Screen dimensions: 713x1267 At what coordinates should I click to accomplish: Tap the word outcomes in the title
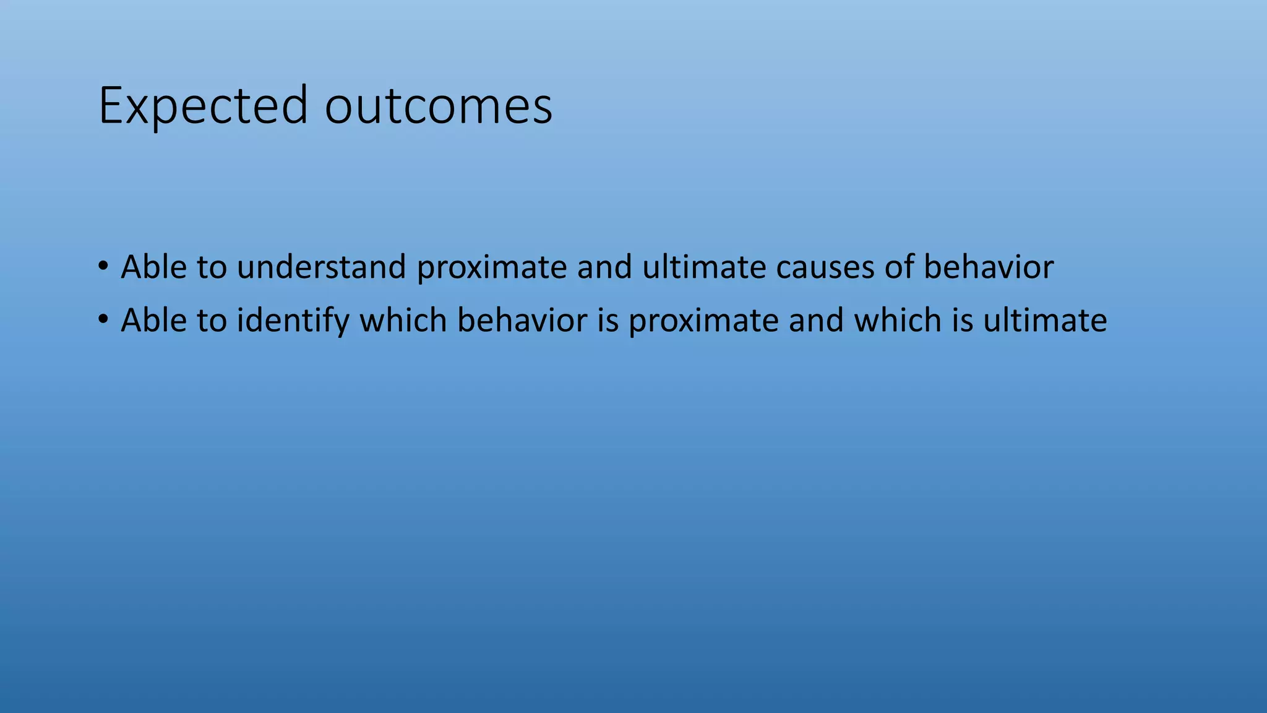coord(438,106)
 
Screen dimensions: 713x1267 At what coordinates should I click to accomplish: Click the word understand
coord(321,267)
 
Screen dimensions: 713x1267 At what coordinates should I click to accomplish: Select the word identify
coord(293,321)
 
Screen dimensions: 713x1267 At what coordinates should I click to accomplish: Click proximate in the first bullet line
coord(492,268)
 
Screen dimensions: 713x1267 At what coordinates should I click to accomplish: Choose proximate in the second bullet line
coord(703,321)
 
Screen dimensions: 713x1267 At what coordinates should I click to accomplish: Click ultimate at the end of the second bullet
coord(1045,320)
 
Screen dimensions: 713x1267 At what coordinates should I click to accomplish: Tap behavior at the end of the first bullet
coord(989,267)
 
